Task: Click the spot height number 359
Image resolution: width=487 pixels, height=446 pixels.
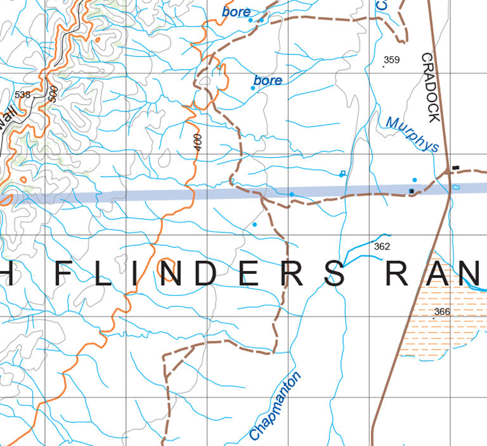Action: [x=392, y=61]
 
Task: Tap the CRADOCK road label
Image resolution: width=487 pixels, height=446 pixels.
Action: [x=430, y=87]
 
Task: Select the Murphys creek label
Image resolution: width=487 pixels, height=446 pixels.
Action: [x=412, y=134]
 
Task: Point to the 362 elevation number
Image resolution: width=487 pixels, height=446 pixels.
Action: [x=382, y=246]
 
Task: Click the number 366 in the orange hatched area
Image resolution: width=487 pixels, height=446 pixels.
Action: [x=442, y=312]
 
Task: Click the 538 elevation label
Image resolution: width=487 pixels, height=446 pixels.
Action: [x=22, y=95]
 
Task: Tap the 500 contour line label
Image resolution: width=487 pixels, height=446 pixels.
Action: [x=53, y=94]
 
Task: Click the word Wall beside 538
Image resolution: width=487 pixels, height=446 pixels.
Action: [x=8, y=120]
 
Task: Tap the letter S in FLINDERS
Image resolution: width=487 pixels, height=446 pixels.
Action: [x=334, y=274]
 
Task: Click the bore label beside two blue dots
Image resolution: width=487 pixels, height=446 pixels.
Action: [x=236, y=11]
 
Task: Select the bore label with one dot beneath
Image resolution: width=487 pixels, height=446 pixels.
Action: [x=268, y=80]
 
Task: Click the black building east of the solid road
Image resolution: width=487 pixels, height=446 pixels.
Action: [x=455, y=167]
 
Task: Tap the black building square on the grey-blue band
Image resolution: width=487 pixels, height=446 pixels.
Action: [x=412, y=191]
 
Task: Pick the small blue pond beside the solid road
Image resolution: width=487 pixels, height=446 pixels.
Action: [x=456, y=188]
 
